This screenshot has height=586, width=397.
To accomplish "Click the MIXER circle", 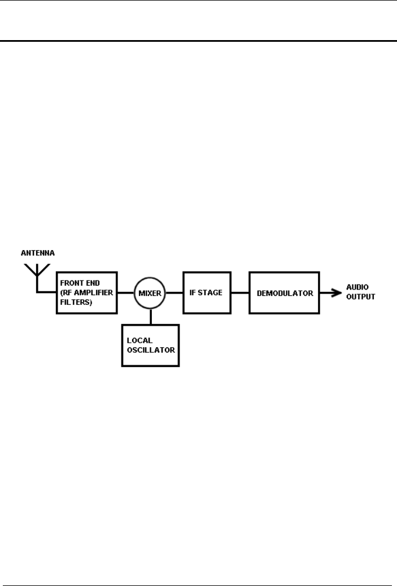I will tap(150, 292).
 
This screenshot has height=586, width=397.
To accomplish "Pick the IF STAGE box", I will tap(207, 292).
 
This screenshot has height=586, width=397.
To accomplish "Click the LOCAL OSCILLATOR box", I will tap(150, 346).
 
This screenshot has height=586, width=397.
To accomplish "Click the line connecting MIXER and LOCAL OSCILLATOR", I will tap(150, 316).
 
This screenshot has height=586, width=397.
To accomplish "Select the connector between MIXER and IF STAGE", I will tap(174, 292).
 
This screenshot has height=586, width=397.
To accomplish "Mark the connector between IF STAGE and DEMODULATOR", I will tap(241, 292).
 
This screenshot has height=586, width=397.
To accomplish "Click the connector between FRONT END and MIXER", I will tap(125, 292).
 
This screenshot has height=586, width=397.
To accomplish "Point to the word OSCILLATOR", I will tap(151, 350).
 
